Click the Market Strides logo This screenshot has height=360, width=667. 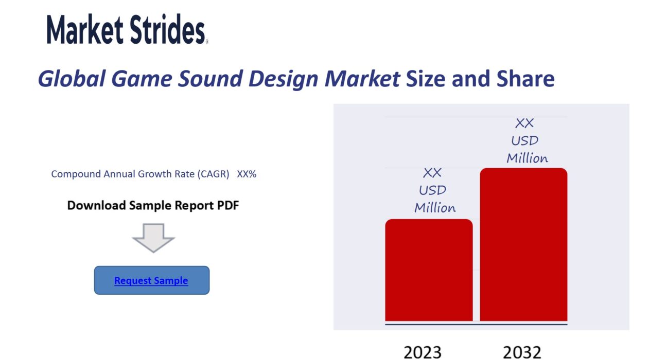pyautogui.click(x=128, y=29)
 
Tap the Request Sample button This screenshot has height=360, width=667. pyautogui.click(x=151, y=280)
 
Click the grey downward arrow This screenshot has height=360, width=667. pyautogui.click(x=153, y=238)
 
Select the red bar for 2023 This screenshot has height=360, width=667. pyautogui.click(x=429, y=270)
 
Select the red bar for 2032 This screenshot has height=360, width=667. pyautogui.click(x=523, y=245)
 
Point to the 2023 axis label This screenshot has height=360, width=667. pyautogui.click(x=423, y=352)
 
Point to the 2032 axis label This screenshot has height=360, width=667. pyautogui.click(x=522, y=352)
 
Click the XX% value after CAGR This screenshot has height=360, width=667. pyautogui.click(x=247, y=174)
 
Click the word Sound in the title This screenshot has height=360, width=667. pyautogui.click(x=210, y=79)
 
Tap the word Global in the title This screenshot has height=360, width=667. pyautogui.click(x=72, y=79)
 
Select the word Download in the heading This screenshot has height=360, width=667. pyautogui.click(x=96, y=205)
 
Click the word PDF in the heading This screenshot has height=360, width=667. pyautogui.click(x=228, y=205)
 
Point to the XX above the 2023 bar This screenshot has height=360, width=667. pyautogui.click(x=432, y=173)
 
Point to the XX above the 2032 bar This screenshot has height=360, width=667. pyautogui.click(x=524, y=123)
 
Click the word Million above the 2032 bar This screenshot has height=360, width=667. pyautogui.click(x=527, y=158)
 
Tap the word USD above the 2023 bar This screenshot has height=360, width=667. pyautogui.click(x=432, y=190)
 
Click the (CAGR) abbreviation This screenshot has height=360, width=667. pyautogui.click(x=213, y=174)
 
